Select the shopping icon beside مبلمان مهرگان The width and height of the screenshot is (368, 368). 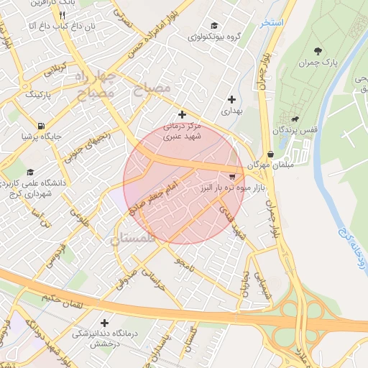(x=270, y=154)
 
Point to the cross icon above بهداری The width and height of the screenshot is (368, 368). (x=231, y=99)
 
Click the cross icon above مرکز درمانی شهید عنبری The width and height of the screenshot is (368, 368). (x=182, y=114)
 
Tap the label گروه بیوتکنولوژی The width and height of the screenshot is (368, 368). (x=213, y=36)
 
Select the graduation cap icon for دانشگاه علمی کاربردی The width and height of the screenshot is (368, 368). (x=30, y=172)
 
